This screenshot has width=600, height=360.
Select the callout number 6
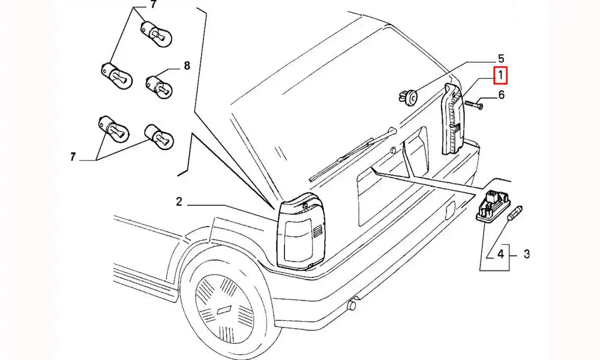point(501,94)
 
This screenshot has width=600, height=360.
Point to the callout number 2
point(179,202)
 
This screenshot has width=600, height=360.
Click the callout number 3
point(526,254)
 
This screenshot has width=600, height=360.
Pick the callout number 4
point(500,254)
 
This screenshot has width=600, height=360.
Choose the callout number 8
point(187,66)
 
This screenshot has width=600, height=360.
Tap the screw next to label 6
point(472,106)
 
